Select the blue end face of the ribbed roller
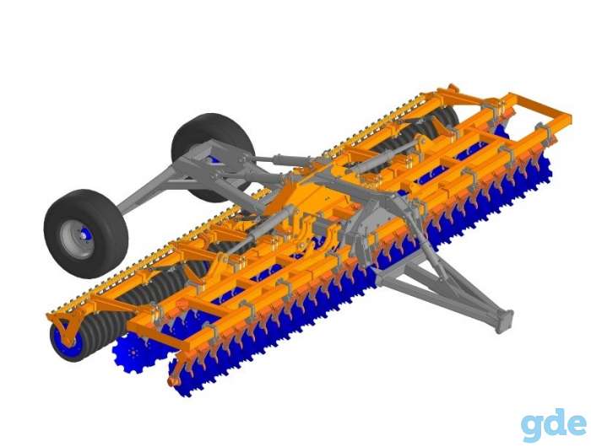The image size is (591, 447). [x=67, y=341]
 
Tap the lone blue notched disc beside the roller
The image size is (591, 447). [x=137, y=353]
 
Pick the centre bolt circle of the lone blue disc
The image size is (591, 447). [x=133, y=353]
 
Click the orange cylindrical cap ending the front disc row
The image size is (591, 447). [x=173, y=381]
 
